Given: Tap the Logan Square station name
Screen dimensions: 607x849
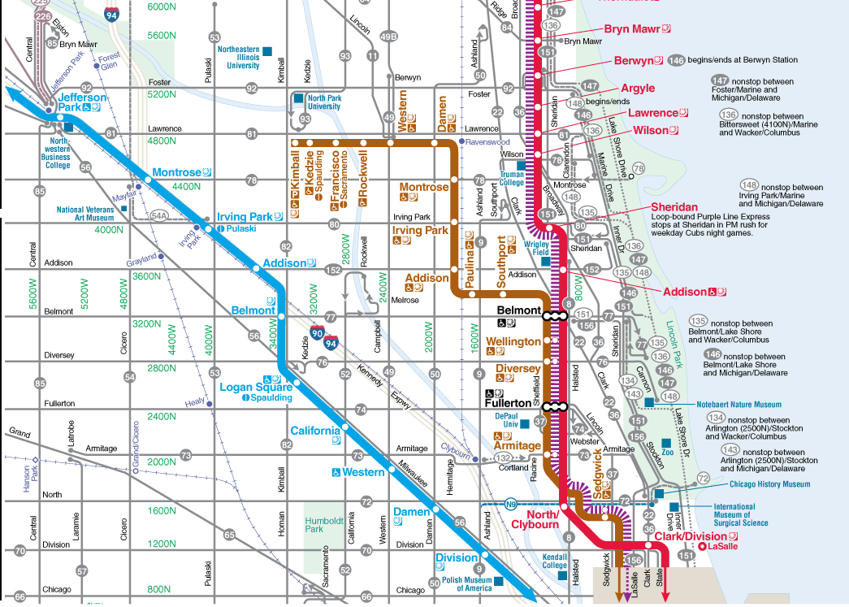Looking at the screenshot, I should pos(256,388).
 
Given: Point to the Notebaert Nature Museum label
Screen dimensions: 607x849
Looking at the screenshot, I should pos(739,404).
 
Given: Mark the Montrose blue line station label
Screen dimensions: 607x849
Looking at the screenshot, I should pos(176,173).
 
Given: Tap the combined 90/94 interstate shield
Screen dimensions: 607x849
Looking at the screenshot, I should pos(323,336).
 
